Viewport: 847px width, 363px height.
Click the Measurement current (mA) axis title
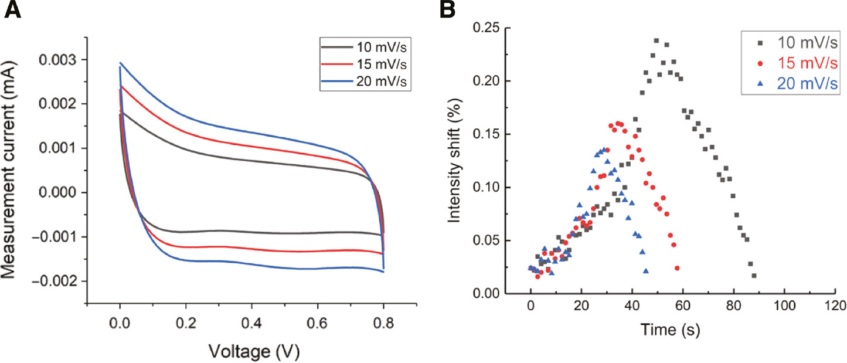point(14,170)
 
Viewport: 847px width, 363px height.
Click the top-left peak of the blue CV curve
point(120,63)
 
